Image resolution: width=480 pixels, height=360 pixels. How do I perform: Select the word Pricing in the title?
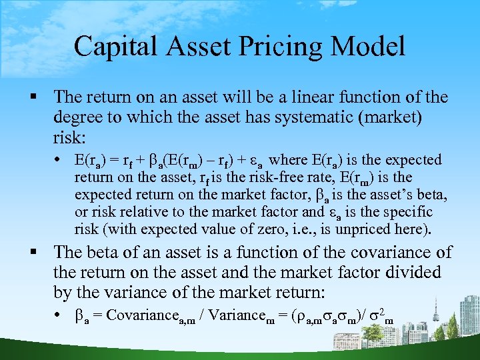click(x=281, y=47)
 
